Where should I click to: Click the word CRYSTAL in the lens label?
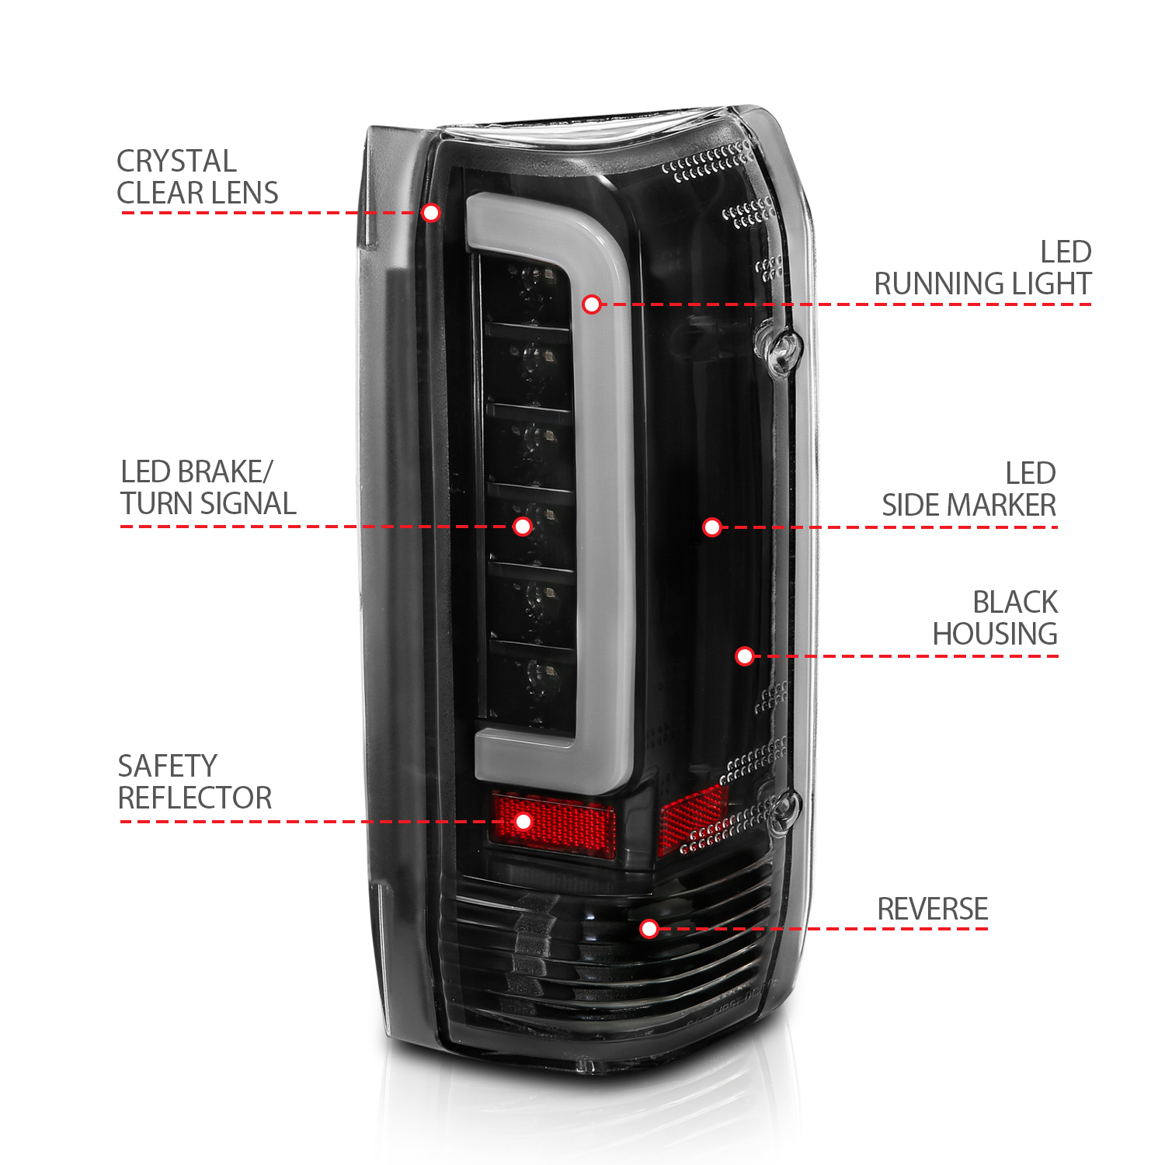176,162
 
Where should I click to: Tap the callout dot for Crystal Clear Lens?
431,213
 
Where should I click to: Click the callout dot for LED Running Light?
592,304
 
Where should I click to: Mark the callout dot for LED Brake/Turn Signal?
523,527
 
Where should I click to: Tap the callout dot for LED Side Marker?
712,528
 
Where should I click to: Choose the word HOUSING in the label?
995,635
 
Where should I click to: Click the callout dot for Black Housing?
745,656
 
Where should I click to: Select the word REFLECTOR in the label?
195,798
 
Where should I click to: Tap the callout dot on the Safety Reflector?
523,822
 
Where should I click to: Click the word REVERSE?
932,909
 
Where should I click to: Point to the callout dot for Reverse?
649,929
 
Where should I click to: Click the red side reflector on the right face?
691,815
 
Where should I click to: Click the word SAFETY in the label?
167,767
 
